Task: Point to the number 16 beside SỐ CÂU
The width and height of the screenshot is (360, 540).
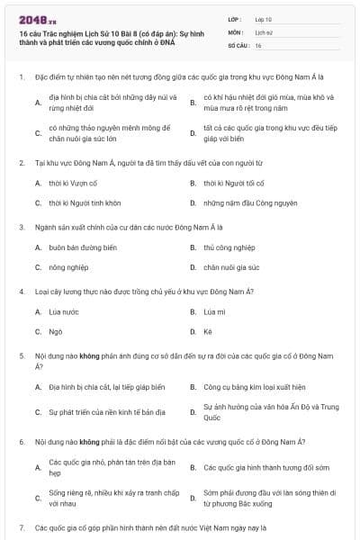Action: (258, 44)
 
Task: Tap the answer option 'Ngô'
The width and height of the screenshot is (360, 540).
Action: (55, 331)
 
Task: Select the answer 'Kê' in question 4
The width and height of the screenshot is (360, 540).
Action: (207, 331)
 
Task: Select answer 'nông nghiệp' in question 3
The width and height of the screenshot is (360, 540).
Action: (68, 267)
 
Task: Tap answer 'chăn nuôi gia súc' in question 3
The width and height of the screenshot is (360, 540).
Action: (231, 267)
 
